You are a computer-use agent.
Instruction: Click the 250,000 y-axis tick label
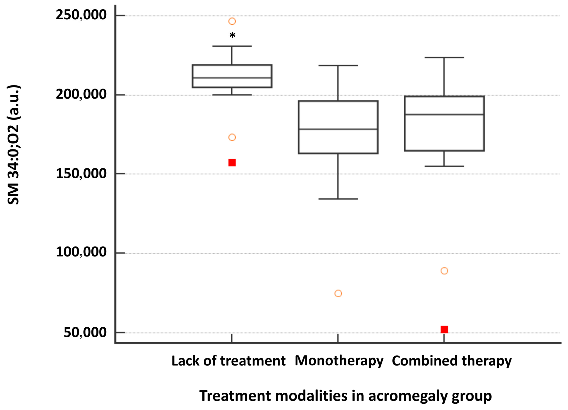[81, 15]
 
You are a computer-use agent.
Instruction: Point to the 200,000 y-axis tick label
[81, 94]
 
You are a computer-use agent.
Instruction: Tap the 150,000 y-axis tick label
[81, 173]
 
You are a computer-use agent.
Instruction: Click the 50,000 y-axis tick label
[85, 333]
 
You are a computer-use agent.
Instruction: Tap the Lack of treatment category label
[228, 361]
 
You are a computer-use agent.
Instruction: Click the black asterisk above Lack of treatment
[232, 35]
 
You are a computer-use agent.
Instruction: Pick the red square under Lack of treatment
[232, 163]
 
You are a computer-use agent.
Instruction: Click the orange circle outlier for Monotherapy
[338, 293]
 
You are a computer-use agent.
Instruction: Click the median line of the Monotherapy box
[338, 129]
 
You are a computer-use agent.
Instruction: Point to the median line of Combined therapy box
[444, 114]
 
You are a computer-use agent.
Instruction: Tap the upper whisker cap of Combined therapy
[444, 58]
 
